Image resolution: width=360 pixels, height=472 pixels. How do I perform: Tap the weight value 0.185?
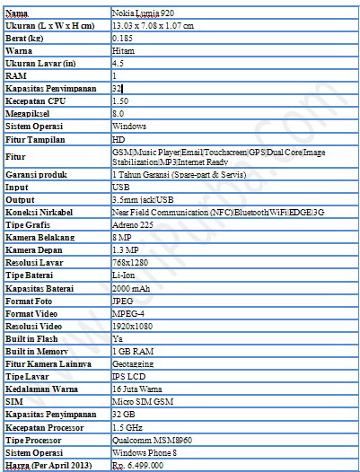[124, 40]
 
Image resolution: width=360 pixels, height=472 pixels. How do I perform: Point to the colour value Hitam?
[124, 53]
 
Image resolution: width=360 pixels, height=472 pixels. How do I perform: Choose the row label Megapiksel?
[26, 114]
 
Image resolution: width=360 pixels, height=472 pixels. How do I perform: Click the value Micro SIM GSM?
[140, 403]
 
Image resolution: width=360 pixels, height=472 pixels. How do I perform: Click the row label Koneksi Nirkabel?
[40, 210]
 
